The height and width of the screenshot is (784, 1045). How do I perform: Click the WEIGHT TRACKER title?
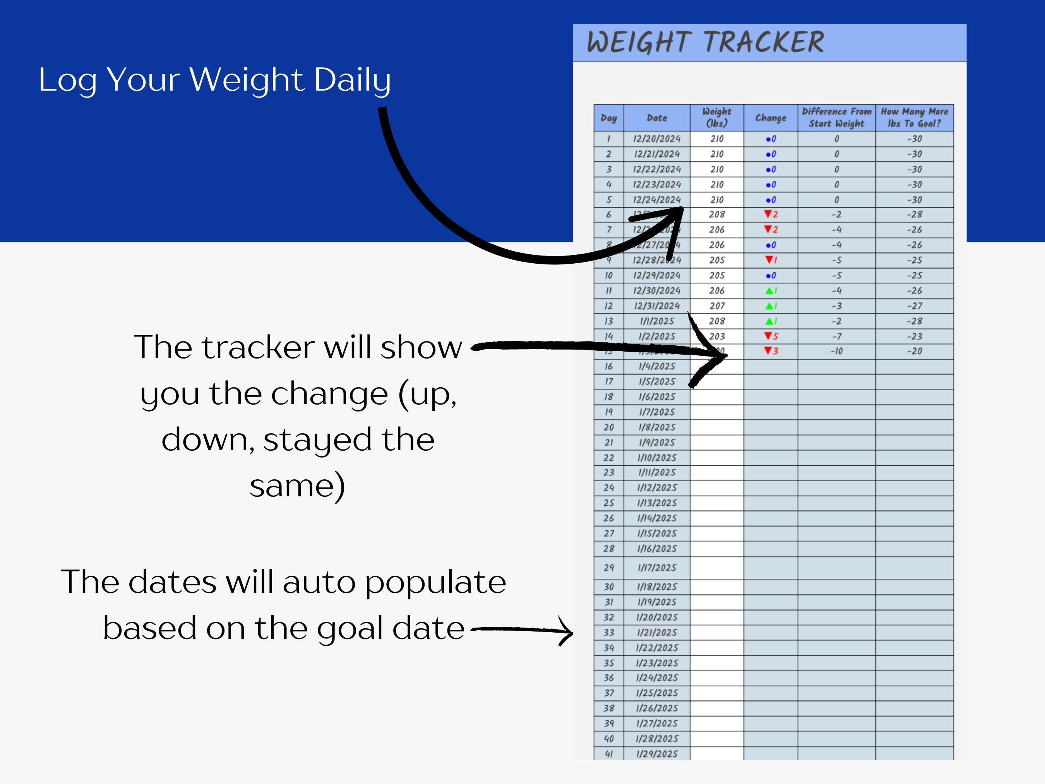tap(705, 42)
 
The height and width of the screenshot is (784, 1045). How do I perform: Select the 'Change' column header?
tap(771, 118)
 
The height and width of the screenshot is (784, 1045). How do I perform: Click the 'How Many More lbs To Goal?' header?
tap(914, 118)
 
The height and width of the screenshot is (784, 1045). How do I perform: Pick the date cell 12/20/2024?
tap(657, 139)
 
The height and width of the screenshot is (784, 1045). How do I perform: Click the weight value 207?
tap(717, 306)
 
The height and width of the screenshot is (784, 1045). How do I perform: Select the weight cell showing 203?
tap(717, 336)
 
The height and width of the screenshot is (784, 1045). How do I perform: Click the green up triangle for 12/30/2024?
tap(769, 291)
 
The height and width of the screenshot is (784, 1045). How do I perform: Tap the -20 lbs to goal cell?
tap(914, 351)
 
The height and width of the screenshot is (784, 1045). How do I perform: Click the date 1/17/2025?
tap(657, 568)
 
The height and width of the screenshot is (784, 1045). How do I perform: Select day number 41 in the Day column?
tap(608, 754)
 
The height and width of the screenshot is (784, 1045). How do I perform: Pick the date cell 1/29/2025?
tap(657, 754)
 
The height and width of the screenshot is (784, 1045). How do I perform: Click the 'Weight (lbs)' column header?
tap(717, 118)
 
